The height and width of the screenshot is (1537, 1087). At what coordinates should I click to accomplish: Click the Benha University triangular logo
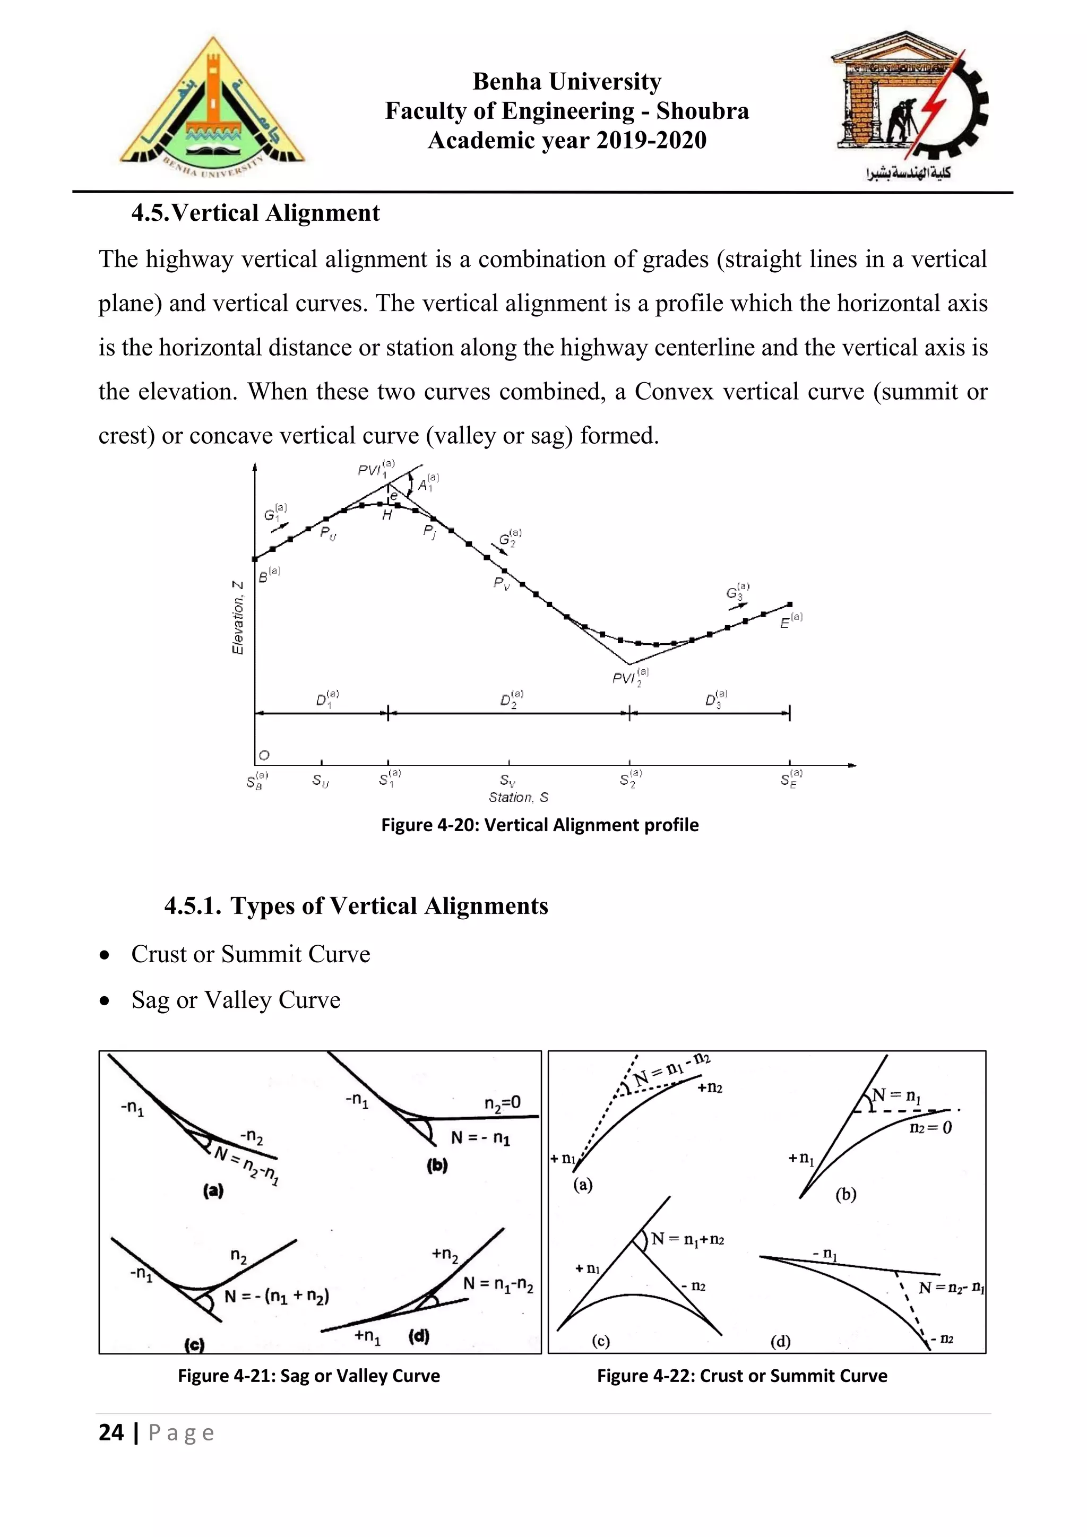[212, 107]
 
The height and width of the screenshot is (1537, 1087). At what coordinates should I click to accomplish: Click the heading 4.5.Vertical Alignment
[256, 213]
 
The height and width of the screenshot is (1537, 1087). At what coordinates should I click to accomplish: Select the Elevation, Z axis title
[238, 617]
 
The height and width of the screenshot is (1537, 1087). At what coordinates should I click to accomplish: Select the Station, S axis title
[518, 797]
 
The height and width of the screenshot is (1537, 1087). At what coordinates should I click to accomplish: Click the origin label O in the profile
[264, 755]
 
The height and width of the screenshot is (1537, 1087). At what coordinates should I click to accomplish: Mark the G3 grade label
[737, 592]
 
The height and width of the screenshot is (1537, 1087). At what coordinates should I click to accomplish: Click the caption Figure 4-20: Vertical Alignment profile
[539, 825]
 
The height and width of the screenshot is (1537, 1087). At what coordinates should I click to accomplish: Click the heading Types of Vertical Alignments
[356, 906]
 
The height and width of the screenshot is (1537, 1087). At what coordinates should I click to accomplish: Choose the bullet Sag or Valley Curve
[236, 999]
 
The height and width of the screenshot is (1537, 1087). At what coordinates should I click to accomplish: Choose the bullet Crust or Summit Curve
[251, 954]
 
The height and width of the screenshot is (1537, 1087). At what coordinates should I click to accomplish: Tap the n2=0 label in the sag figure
[502, 1102]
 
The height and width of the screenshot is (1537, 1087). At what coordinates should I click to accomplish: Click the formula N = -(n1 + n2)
[277, 1297]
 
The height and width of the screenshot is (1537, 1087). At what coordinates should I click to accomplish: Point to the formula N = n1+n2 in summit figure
[687, 1239]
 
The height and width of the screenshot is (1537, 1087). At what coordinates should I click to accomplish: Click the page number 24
[111, 1432]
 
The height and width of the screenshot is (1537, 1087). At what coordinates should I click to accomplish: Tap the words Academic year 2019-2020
[567, 140]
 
